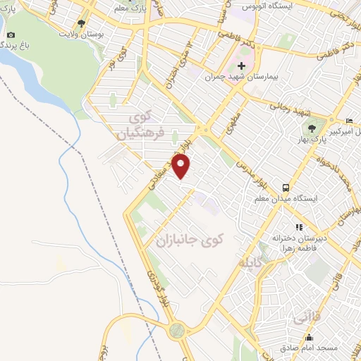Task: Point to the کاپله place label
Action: click(x=255, y=264)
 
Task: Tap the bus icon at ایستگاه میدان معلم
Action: click(x=286, y=188)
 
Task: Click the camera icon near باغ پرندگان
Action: click(x=10, y=35)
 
